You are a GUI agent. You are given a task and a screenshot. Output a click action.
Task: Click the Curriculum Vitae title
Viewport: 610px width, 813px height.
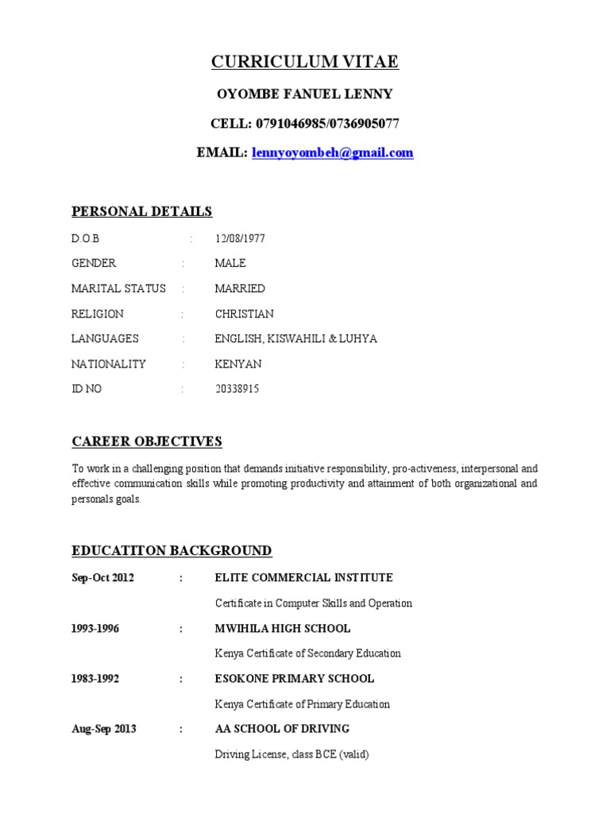tap(304, 62)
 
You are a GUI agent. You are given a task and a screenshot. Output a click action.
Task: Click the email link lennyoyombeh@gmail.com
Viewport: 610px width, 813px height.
tap(333, 152)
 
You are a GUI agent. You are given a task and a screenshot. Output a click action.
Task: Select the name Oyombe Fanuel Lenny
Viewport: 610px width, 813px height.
tap(304, 94)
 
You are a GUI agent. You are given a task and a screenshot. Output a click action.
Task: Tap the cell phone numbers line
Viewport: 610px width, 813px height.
tap(304, 123)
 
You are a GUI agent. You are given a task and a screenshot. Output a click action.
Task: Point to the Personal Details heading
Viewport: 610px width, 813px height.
tap(142, 211)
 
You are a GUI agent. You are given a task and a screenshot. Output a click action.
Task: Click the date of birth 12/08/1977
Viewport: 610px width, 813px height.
tap(240, 238)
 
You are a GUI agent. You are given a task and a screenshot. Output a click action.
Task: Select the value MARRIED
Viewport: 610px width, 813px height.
tap(240, 288)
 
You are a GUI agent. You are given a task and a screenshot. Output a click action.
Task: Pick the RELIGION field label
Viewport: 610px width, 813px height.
tap(98, 314)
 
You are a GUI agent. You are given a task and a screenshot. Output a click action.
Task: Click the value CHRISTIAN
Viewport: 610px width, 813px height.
tap(244, 314)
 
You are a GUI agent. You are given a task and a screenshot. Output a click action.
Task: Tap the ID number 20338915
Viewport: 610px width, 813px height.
tap(237, 389)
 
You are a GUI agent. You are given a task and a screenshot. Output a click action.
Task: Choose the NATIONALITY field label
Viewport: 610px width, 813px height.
tap(109, 364)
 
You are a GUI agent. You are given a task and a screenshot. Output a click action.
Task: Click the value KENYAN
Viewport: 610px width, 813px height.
tap(237, 364)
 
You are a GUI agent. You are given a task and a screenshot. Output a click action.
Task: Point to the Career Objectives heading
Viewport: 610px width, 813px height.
tap(147, 441)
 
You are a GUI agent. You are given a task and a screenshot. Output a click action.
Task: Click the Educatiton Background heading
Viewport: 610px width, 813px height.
tap(172, 550)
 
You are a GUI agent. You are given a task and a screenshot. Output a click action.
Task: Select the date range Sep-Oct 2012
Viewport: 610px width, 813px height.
tap(102, 578)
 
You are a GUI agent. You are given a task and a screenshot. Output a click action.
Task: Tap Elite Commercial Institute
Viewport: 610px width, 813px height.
tap(303, 578)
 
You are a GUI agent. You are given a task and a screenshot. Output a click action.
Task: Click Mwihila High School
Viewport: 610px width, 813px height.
tap(282, 628)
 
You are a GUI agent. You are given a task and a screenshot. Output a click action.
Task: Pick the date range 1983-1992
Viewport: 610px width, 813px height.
tap(94, 679)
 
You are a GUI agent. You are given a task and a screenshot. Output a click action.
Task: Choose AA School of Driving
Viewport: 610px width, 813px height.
tap(282, 729)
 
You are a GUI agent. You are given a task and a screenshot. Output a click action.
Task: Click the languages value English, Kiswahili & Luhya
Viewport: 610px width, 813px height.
tap(295, 339)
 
